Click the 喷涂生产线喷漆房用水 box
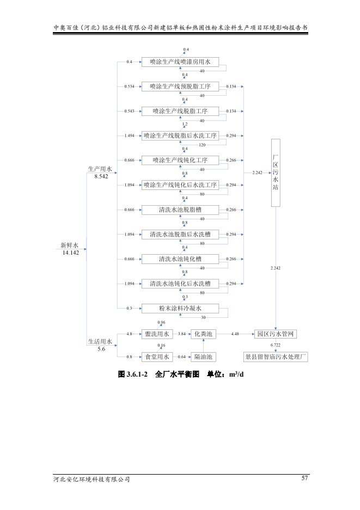pos(180,62)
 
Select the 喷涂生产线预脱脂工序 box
pos(180,87)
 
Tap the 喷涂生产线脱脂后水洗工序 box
pos(180,136)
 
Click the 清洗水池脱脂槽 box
pos(180,210)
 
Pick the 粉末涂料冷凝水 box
pos(180,308)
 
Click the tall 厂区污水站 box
pos(276,172)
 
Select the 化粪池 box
pos(204,334)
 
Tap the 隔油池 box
pos(204,357)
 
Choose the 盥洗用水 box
pos(157,334)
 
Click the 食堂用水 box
pos(157,357)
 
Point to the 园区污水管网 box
pos(276,334)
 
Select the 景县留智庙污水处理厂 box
pos(276,357)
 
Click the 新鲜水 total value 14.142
pos(70,253)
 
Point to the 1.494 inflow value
pos(130,136)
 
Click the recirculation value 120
pos(202,145)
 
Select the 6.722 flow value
pos(276,345)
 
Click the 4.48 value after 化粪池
pos(235,334)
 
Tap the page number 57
pos(304,478)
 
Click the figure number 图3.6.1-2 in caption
pos(133,375)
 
